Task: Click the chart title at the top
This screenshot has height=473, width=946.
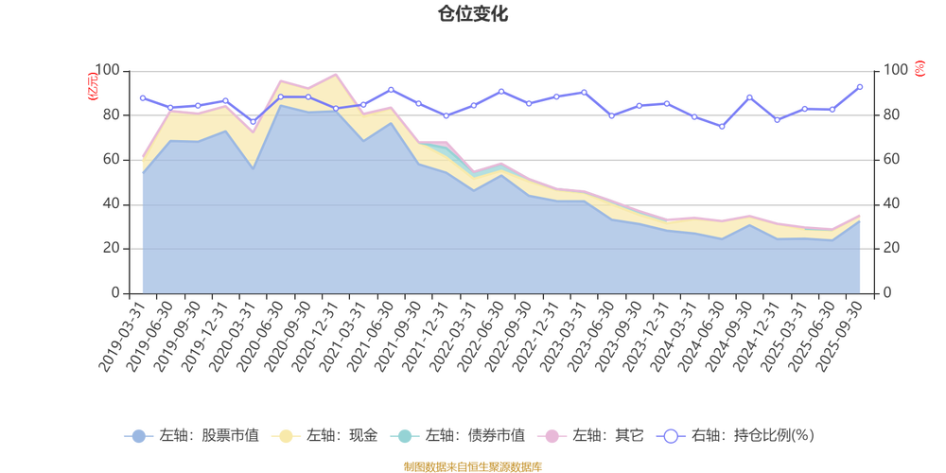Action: pos(472,13)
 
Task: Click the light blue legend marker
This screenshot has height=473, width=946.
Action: pos(139,436)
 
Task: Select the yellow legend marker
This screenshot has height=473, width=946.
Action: pos(285,436)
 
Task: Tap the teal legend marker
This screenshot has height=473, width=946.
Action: pos(405,436)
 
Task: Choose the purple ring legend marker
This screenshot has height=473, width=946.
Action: pos(671,436)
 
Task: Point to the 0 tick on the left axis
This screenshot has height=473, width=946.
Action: pos(114,293)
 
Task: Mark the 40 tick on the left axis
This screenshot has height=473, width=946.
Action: pos(112,203)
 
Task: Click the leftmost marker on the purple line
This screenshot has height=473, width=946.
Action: pos(142,97)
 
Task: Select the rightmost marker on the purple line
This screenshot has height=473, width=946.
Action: pos(860,86)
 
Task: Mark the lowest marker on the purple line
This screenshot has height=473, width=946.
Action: pos(723,127)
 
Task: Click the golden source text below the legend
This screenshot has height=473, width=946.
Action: pos(472,464)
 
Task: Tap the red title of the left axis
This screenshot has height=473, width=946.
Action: pos(91,85)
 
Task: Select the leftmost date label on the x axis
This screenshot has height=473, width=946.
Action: pos(123,337)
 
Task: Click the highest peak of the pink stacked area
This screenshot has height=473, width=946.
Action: pos(335,73)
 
